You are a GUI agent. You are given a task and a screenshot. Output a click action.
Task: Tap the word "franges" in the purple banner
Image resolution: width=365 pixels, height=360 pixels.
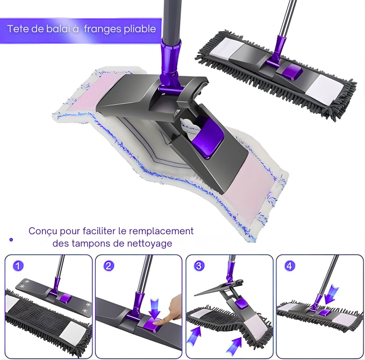click(103, 30)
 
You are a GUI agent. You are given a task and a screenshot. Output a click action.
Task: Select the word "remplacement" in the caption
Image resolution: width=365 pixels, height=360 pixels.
click(161, 231)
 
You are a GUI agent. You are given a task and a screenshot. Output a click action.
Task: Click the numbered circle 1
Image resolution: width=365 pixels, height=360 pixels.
click(18, 266)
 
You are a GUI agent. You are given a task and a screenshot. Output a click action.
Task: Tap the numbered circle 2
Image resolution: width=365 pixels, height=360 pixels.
click(109, 266)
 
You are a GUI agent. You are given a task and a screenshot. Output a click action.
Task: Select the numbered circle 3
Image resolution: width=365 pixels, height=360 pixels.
click(199, 266)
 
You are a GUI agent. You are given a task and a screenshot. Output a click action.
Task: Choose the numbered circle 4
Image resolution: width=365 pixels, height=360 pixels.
click(289, 266)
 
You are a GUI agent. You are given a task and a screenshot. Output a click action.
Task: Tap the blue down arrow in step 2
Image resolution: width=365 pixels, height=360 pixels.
click(155, 309)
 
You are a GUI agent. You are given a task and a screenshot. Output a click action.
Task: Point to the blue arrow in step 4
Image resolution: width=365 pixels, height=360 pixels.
click(331, 294)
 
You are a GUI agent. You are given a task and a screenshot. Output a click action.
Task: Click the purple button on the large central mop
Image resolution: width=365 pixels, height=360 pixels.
click(207, 138)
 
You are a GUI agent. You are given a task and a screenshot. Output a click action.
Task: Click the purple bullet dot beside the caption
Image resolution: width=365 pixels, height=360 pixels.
click(11, 240)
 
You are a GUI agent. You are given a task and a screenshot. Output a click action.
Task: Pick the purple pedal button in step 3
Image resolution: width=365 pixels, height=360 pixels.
click(241, 304)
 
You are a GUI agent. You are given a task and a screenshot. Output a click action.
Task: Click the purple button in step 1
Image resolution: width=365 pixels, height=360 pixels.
click(65, 298)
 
